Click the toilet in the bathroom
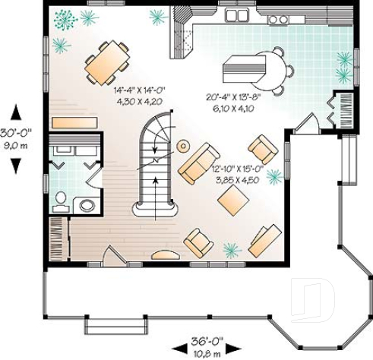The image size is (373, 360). tap(61, 199)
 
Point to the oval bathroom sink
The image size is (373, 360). tap(87, 204)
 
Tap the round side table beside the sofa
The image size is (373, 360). tap(184, 145)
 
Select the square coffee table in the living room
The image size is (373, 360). tap(233, 201)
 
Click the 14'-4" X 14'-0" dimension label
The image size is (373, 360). tap(139, 90)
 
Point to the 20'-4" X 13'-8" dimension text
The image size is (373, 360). tap(233, 97)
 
